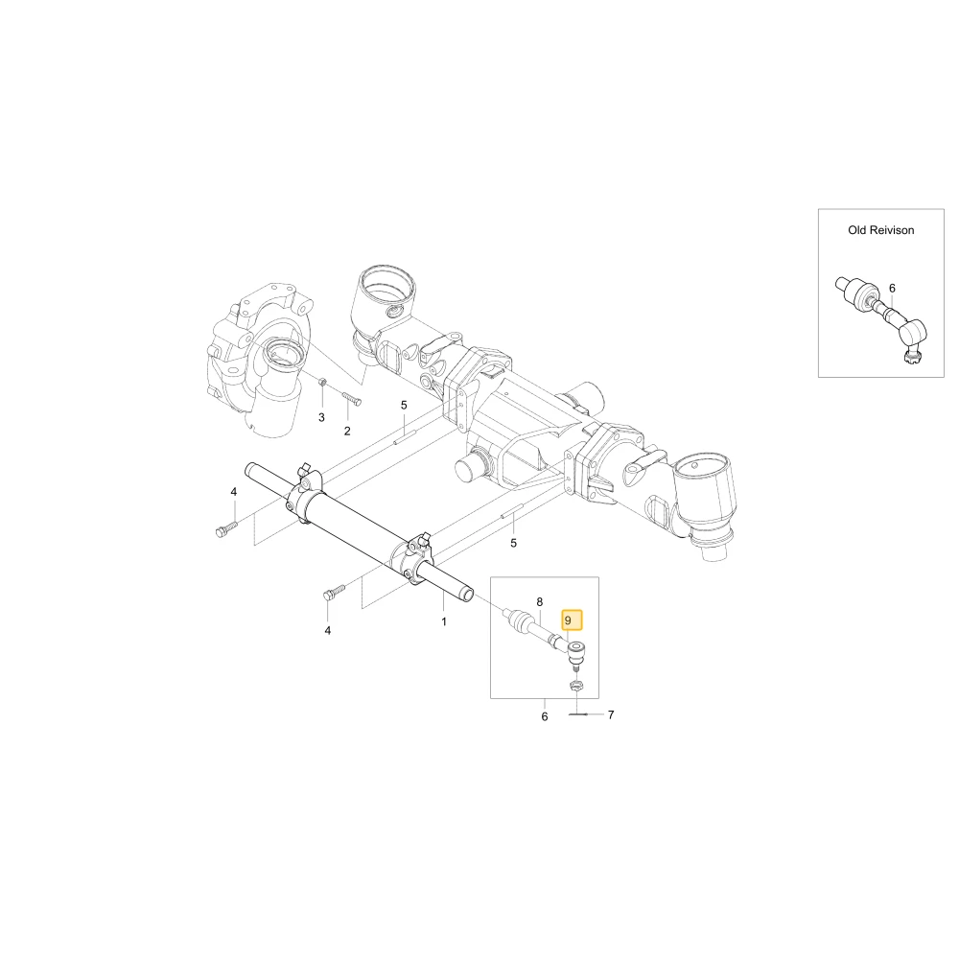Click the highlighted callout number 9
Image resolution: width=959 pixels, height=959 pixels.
[x=568, y=620]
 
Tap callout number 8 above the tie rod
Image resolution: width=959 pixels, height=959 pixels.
[x=539, y=602]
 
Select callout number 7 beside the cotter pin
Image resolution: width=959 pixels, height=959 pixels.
[x=610, y=714]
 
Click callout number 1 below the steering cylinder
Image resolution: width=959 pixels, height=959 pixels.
[x=444, y=621]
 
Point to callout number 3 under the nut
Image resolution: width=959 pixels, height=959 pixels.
[x=321, y=418]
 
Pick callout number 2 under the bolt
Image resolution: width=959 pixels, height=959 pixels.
[x=347, y=432]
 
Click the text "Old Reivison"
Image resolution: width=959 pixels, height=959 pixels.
[x=880, y=230]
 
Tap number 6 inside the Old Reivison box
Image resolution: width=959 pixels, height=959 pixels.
[x=892, y=288]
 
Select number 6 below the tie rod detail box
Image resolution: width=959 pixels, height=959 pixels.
[x=545, y=716]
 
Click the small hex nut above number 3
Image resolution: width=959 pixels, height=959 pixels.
[x=323, y=383]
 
